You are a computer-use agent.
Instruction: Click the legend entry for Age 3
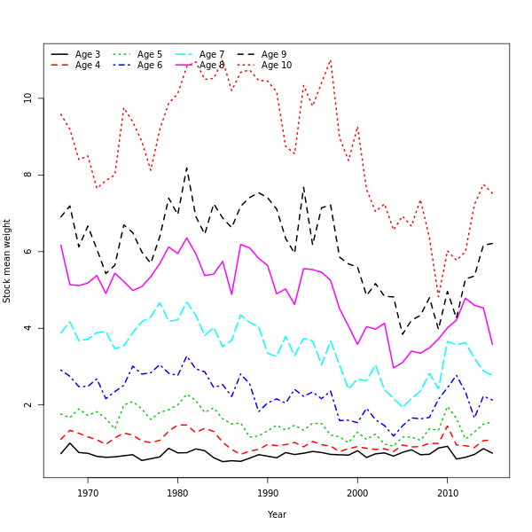pyautogui.click(x=88, y=55)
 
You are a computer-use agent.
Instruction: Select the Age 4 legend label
pyautogui.click(x=88, y=66)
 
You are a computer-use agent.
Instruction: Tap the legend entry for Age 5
pyautogui.click(x=150, y=55)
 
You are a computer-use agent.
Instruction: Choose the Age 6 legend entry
pyautogui.click(x=150, y=66)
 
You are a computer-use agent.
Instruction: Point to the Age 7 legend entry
pyautogui.click(x=212, y=55)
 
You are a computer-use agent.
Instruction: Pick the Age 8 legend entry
pyautogui.click(x=212, y=66)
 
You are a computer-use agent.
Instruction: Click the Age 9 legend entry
pyautogui.click(x=274, y=55)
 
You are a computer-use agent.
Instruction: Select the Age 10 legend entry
pyautogui.click(x=277, y=66)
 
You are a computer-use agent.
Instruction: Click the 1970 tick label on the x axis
pyautogui.click(x=88, y=493)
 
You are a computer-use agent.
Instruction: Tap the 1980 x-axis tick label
pyautogui.click(x=177, y=493)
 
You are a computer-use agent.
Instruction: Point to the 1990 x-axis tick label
pyautogui.click(x=267, y=493)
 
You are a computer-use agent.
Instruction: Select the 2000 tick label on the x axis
pyautogui.click(x=357, y=493)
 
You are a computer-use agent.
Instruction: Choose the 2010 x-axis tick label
pyautogui.click(x=447, y=493)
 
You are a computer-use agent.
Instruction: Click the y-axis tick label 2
pyautogui.click(x=28, y=405)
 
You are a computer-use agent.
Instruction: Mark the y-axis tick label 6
pyautogui.click(x=28, y=252)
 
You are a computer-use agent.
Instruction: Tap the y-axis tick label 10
pyautogui.click(x=28, y=98)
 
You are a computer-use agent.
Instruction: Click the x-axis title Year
pyautogui.click(x=277, y=514)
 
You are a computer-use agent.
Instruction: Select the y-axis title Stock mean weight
pyautogui.click(x=8, y=261)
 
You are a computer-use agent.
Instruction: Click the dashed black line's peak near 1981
pyautogui.click(x=186, y=167)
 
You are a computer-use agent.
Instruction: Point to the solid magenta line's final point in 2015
pyautogui.click(x=492, y=344)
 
